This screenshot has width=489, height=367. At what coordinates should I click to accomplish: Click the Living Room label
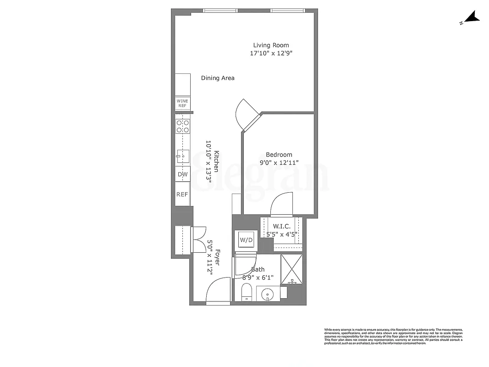[271, 45]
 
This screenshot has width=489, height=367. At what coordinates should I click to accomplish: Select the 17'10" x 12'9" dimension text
[271, 53]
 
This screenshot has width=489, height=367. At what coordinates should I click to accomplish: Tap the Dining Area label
[218, 78]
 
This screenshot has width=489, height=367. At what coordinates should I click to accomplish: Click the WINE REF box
[182, 103]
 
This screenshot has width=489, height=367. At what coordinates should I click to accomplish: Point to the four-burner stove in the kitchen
[183, 126]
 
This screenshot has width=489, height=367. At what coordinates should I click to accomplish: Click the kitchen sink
[182, 156]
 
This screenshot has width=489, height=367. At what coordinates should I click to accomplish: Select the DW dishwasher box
[182, 174]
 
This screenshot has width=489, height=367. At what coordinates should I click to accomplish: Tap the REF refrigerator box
[182, 195]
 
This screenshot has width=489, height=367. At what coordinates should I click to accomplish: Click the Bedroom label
[279, 155]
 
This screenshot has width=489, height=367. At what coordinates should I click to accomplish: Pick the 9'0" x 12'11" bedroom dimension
[279, 162]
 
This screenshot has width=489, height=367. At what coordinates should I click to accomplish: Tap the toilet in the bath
[246, 292]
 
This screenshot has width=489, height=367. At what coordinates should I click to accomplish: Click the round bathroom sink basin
[267, 294]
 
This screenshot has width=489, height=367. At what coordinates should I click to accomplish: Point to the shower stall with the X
[291, 269]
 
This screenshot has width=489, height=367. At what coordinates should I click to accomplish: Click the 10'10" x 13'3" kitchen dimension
[209, 162]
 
